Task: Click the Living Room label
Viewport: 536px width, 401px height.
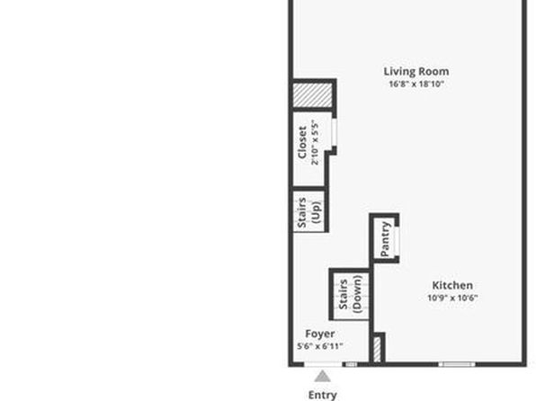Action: [416, 71]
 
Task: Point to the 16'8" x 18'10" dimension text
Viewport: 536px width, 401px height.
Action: [416, 84]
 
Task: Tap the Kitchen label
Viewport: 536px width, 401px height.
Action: [452, 285]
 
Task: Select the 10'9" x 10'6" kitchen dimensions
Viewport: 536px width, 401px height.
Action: [452, 298]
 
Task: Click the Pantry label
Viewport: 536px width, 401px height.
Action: [385, 239]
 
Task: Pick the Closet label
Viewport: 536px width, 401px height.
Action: [302, 143]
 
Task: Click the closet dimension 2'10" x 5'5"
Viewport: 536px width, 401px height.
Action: [315, 143]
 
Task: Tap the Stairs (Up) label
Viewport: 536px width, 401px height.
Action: [309, 212]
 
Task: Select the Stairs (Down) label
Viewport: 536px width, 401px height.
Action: [350, 294]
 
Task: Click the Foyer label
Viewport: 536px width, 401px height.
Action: [319, 334]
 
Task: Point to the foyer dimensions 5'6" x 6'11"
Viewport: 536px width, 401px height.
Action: [319, 346]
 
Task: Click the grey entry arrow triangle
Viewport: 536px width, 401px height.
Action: [322, 377]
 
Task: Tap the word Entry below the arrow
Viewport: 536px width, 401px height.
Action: [322, 396]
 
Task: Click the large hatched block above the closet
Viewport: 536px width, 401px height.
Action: [312, 94]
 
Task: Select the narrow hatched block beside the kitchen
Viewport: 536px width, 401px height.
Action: [377, 350]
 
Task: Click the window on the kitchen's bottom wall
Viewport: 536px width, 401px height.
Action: [457, 364]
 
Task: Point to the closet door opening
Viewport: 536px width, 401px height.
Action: [335, 133]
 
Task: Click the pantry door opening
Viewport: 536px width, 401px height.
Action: [397, 241]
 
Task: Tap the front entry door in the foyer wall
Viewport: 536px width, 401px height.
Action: [323, 364]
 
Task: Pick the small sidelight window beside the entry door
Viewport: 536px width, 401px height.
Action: [350, 364]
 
